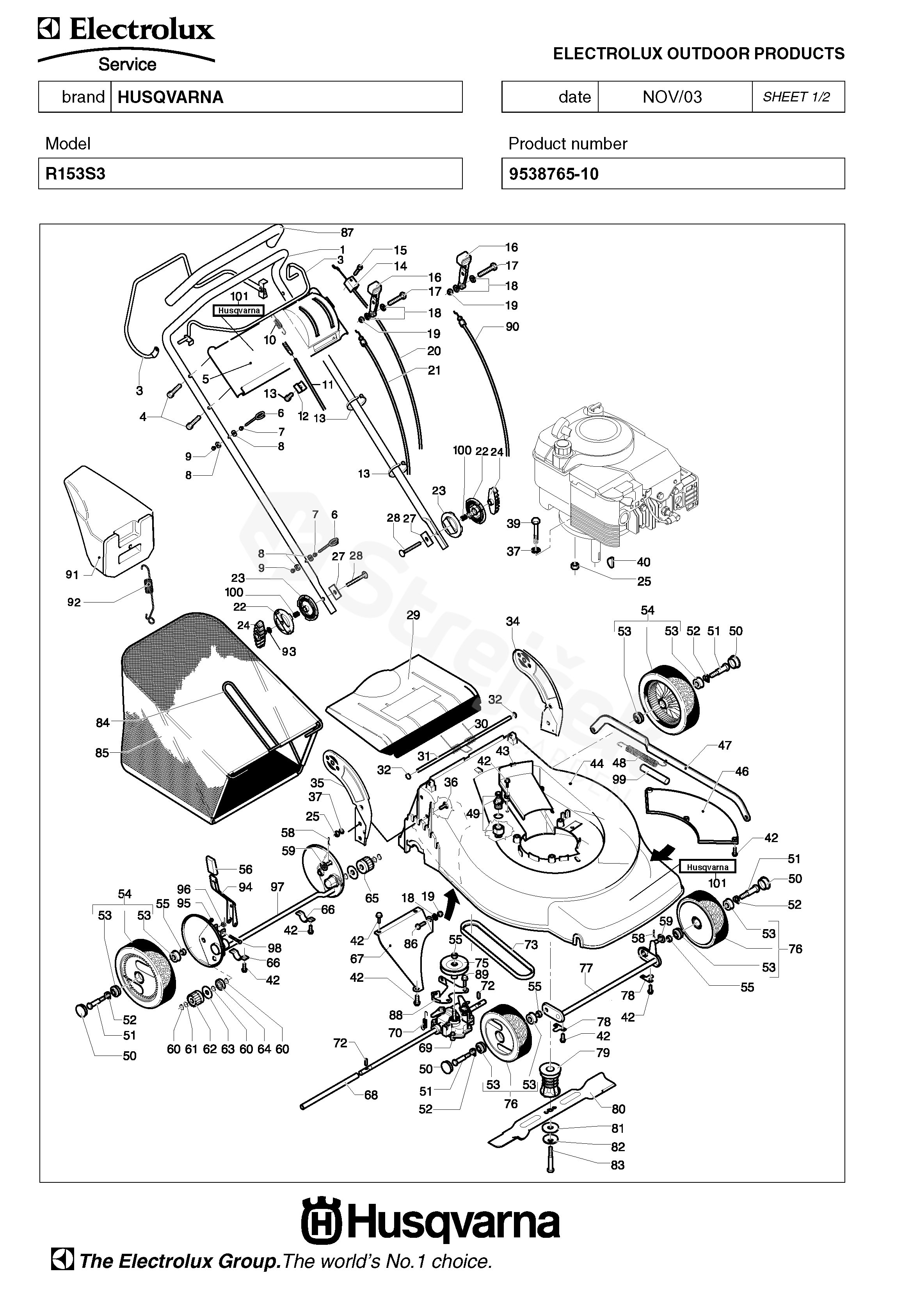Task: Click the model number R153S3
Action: coord(75,174)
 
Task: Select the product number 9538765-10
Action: coord(553,174)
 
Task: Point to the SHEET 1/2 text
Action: coord(796,97)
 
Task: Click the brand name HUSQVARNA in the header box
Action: coord(170,97)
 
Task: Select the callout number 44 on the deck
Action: coord(597,764)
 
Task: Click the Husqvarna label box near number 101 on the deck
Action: coord(707,867)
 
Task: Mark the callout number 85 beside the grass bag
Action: coord(102,753)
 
